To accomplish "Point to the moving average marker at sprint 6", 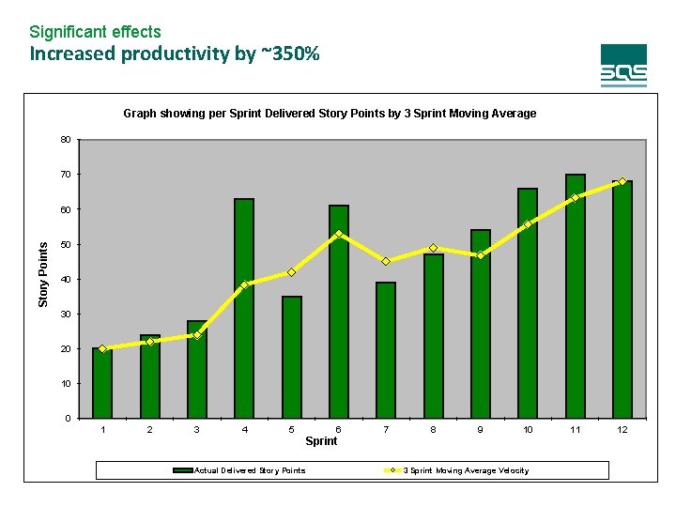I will (339, 234).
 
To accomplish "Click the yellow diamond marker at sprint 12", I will (622, 181).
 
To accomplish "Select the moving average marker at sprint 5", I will (292, 272).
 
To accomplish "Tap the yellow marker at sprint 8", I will (433, 248).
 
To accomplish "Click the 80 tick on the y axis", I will (65, 140).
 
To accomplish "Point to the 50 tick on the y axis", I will (65, 244).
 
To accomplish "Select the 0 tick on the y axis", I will (68, 418).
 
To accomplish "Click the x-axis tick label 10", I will (528, 429).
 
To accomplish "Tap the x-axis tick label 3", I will (196, 429).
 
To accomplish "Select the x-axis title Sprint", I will (321, 441).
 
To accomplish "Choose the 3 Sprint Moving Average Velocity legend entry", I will (466, 470).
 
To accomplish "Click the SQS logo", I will (623, 66).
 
